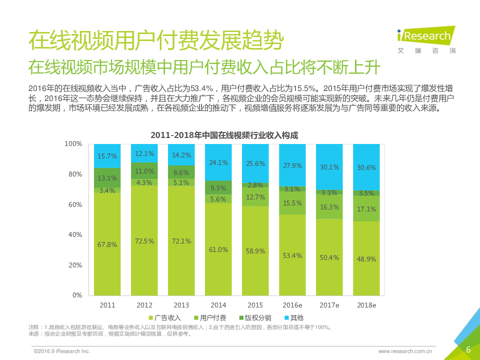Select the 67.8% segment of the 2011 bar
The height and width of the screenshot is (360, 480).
pos(107,244)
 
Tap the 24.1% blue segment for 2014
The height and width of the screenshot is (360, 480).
pos(218,162)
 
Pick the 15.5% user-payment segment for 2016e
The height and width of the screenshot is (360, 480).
pos(292,203)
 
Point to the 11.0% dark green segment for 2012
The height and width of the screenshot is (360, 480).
pos(144,170)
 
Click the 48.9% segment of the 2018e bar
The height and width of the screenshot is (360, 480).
pos(366,258)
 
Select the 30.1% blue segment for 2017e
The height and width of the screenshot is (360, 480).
pos(329,167)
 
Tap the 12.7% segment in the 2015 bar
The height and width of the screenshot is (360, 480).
pos(255,197)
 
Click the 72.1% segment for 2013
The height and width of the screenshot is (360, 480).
pos(181,240)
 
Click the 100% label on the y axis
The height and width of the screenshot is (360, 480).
pos(73,144)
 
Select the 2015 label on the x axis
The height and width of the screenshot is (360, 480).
pos(255,305)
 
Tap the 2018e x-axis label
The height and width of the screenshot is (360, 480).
pos(366,305)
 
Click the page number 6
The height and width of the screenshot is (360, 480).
pos(468,349)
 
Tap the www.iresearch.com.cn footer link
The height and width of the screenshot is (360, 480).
pos(405,351)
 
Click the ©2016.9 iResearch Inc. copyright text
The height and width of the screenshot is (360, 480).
pos(61,351)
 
